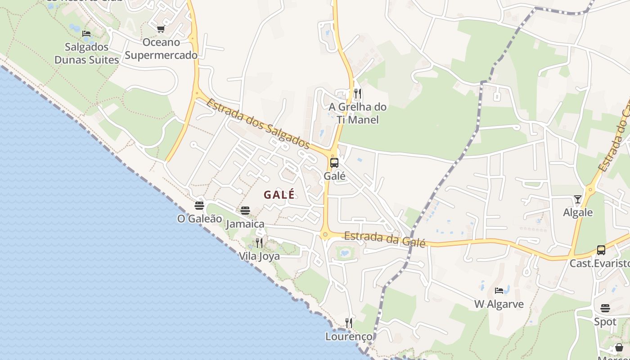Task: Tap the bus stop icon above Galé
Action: click(x=334, y=163)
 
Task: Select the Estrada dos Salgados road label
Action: click(x=258, y=124)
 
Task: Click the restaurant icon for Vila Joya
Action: click(x=259, y=243)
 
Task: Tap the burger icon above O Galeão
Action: click(x=199, y=206)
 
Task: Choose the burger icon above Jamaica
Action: click(x=245, y=210)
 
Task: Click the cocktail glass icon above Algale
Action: click(x=578, y=199)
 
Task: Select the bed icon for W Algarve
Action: click(x=499, y=291)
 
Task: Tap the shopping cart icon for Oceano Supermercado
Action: click(x=161, y=29)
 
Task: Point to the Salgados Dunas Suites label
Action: click(x=87, y=53)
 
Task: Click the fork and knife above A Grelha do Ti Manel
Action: click(x=358, y=94)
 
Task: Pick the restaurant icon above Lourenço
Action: click(x=349, y=323)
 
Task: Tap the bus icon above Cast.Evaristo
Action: click(x=601, y=250)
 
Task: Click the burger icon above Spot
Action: click(x=605, y=308)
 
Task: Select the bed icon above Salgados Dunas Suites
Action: click(x=86, y=34)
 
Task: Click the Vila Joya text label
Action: click(x=259, y=256)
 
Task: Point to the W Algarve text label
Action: click(x=499, y=304)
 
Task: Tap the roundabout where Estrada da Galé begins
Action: click(x=325, y=234)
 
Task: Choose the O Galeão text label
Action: click(x=200, y=219)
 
